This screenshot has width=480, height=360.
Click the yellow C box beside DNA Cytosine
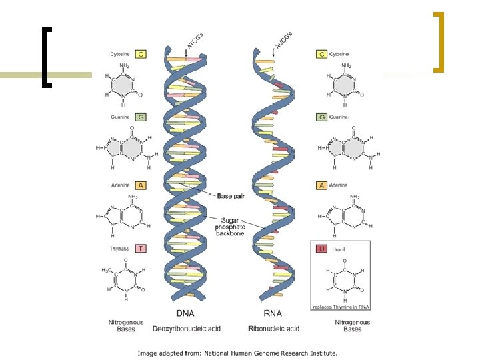coord(141,53)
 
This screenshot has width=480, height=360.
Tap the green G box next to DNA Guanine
coord(141,117)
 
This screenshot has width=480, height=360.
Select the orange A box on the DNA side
coord(141,185)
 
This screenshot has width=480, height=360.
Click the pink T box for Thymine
coord(141,248)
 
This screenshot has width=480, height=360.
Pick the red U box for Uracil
coord(321,249)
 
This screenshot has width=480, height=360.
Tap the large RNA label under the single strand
coord(272,313)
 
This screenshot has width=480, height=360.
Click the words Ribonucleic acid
coord(273,329)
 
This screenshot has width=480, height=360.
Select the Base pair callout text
coord(233,195)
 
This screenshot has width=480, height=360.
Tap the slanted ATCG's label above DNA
coord(195,41)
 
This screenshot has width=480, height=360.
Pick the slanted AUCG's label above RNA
coord(283,39)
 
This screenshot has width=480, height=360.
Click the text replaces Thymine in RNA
coord(341,306)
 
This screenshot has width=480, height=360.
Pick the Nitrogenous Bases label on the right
coord(352,325)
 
